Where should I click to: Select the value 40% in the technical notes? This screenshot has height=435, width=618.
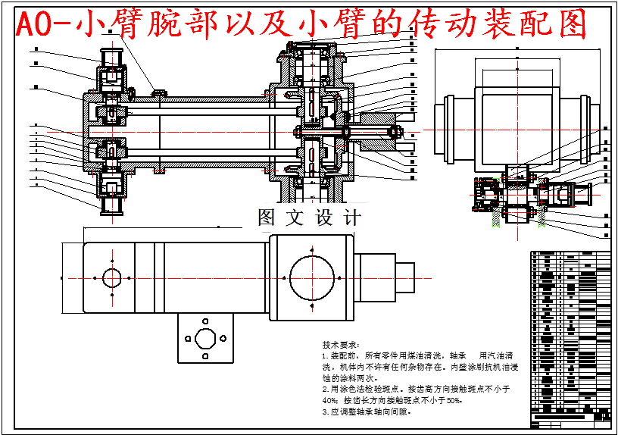click(329, 399)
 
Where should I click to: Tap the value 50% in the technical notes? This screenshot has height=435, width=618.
click(453, 399)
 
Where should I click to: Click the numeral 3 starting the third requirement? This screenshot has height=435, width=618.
click(324, 412)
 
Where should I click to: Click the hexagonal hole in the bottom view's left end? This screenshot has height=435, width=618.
click(112, 277)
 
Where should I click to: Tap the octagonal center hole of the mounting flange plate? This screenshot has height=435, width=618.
click(204, 337)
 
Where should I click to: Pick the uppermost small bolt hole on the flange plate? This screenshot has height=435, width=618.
click(204, 320)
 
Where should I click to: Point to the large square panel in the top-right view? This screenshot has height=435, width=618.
click(516, 127)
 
